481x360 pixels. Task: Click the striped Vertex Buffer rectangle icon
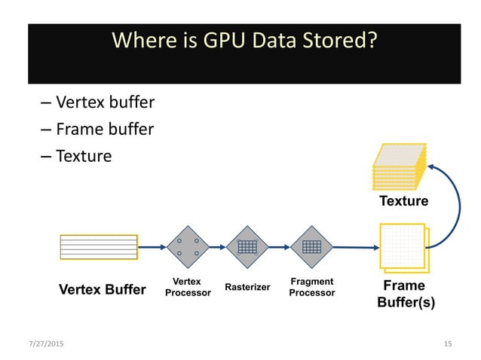click(99, 246)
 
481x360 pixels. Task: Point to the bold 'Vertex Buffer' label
click(102, 289)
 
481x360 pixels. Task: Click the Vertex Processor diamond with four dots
click(188, 246)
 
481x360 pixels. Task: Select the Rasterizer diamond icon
click(247, 246)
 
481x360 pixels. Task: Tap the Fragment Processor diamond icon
click(311, 246)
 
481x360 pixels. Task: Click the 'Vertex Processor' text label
click(188, 287)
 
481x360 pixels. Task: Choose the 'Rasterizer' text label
click(248, 288)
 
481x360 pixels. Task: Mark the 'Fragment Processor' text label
click(311, 287)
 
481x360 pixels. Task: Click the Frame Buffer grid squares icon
click(403, 248)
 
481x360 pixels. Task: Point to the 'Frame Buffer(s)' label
click(406, 294)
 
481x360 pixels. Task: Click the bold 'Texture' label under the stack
click(403, 201)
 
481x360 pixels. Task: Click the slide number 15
click(448, 344)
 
